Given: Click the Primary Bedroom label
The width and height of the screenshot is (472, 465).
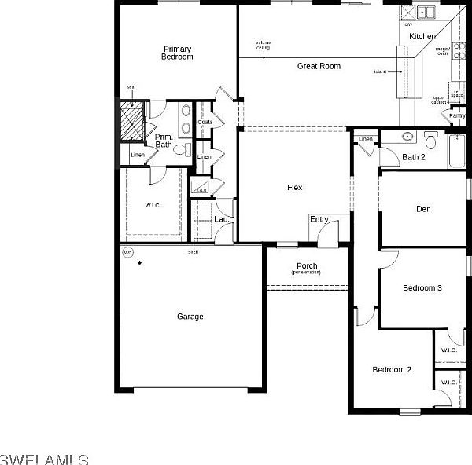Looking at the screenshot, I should [177, 53].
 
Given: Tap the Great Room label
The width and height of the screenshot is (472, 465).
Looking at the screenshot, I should [319, 66].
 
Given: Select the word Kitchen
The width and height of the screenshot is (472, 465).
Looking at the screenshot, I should [422, 37].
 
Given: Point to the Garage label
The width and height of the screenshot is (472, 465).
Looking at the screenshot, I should [190, 317].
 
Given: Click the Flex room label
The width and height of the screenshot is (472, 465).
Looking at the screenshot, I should [294, 187].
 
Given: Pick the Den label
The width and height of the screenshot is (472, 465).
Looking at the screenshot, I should [423, 209].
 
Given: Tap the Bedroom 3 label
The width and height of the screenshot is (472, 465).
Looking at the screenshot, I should [422, 288].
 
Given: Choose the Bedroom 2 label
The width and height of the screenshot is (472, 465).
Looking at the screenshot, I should [392, 369].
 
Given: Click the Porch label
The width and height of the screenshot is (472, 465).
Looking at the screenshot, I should [307, 266].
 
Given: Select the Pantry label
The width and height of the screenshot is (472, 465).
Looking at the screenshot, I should [457, 115].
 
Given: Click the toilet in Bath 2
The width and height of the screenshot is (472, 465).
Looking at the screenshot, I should [430, 141].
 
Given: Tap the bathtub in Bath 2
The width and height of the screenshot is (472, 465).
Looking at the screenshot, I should [456, 152].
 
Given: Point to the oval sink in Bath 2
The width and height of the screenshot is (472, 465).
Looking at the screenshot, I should [407, 137].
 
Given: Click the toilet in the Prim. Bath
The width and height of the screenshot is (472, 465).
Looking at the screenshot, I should [179, 148].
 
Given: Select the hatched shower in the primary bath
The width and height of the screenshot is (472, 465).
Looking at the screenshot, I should [131, 121].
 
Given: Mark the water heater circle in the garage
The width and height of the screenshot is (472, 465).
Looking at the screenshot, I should [127, 252].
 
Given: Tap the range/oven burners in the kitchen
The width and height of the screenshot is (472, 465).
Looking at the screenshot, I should [459, 51].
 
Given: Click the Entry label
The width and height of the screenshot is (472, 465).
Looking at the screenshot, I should [319, 219].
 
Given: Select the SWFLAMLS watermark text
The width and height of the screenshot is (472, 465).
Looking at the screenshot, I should [44, 457].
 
